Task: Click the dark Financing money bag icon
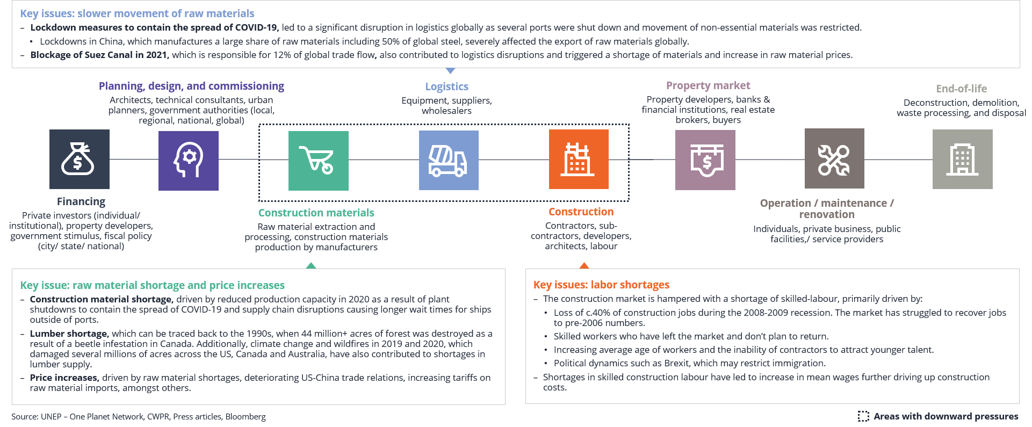click(80, 159)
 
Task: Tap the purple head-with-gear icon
click(189, 161)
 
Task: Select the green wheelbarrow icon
click(319, 161)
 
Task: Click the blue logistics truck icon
click(449, 160)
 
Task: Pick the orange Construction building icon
click(579, 159)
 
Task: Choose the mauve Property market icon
click(705, 160)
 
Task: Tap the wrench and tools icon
click(834, 158)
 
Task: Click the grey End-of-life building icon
click(963, 159)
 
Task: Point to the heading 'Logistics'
click(447, 86)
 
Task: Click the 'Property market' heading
click(708, 85)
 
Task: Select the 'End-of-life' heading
click(962, 89)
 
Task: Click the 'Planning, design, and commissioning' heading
click(191, 86)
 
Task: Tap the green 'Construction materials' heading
click(316, 213)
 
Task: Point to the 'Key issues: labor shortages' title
click(601, 285)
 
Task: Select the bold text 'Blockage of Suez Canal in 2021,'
click(99, 55)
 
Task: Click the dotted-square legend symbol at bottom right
click(863, 416)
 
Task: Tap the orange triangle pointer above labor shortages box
click(584, 265)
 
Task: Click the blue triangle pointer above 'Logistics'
click(451, 70)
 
